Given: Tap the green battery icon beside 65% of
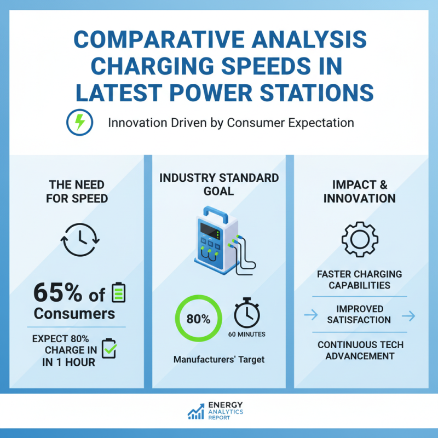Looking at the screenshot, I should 118,293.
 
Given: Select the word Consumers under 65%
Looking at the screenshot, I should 74,314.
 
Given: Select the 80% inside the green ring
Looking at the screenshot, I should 198,319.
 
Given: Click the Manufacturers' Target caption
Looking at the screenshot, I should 218,360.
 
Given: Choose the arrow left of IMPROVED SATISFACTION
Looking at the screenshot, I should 310,314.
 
